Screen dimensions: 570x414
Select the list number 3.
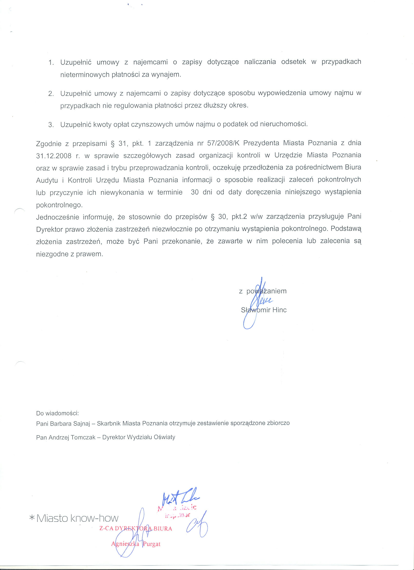coord(51,125)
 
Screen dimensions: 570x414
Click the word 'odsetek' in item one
coord(293,62)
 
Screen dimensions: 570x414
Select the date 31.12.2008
coord(54,156)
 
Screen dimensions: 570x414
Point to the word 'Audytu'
coord(47,180)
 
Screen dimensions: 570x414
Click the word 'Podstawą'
coord(346,229)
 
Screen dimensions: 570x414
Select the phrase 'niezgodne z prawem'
coord(70,254)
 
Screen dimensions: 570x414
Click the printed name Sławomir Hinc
coord(264,310)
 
